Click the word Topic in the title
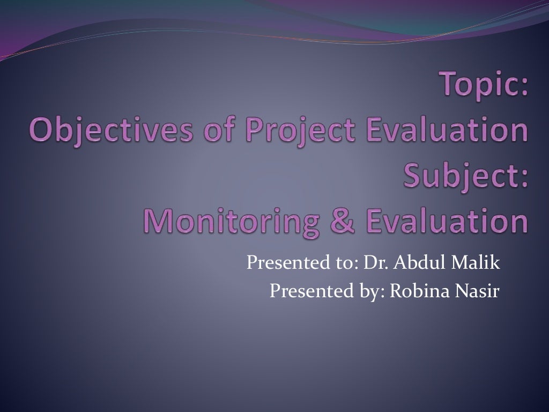(x=479, y=86)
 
